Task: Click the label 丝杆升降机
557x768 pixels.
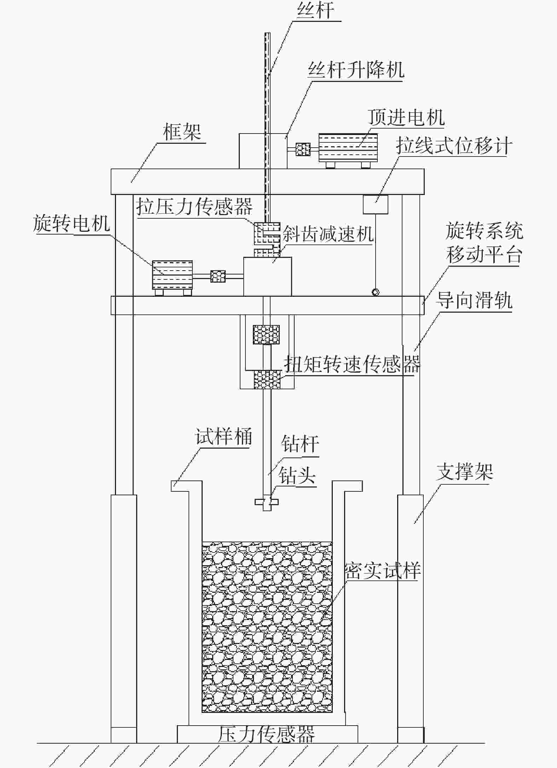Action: pos(356,70)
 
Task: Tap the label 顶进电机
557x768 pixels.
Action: pos(406,117)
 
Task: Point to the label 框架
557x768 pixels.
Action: pos(182,132)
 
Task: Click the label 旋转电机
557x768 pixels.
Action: pos(71,223)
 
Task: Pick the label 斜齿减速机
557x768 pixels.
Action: pos(328,234)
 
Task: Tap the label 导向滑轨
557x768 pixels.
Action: pos(474,301)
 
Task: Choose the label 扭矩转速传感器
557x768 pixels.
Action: pos(352,364)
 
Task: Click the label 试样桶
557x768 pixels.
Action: pos(224,437)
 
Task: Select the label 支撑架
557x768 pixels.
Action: pos(465,472)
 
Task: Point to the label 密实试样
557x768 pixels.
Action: pos(382,571)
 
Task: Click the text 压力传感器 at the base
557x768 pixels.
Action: pos(266,734)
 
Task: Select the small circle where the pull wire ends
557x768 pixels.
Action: pos(375,292)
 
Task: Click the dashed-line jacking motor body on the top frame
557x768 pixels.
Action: pos(348,147)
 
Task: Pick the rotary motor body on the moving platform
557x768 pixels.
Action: pos(172,275)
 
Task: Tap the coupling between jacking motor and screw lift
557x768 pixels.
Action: pos(303,149)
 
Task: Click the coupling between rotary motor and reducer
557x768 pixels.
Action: pos(218,276)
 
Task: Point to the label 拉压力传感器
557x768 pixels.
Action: pos(195,206)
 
